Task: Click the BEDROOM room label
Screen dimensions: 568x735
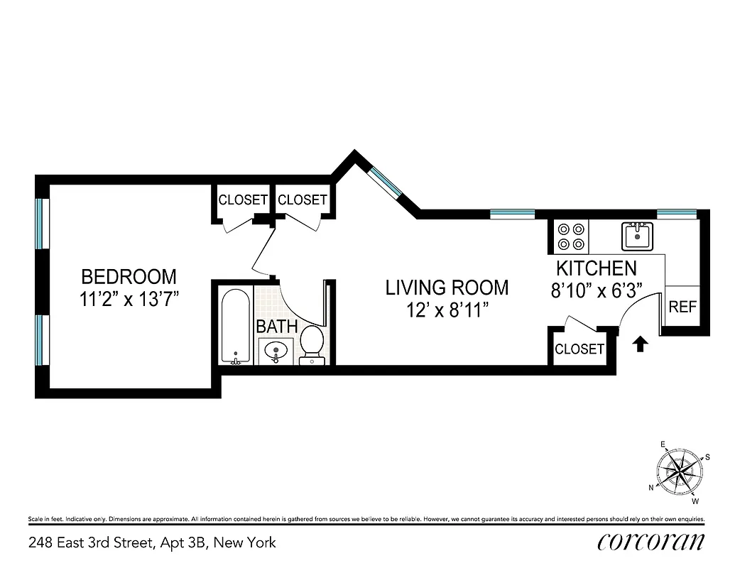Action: [x=129, y=276]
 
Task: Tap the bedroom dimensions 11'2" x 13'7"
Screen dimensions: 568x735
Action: [x=129, y=299]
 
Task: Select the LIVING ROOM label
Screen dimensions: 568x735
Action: [x=447, y=288]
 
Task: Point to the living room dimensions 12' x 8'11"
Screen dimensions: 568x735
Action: [x=447, y=310]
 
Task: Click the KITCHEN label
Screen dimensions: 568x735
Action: [x=596, y=268]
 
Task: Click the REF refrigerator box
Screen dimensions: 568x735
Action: [x=682, y=307]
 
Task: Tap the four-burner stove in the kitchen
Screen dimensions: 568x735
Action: [x=572, y=236]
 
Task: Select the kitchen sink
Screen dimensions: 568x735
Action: [x=637, y=236]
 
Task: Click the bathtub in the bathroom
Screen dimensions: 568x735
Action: [x=234, y=326]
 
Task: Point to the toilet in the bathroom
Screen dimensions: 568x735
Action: [x=312, y=345]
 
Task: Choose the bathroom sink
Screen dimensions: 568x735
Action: [x=275, y=350]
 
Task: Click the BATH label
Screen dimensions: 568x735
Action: [x=276, y=327]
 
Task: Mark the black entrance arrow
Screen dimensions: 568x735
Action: [x=640, y=344]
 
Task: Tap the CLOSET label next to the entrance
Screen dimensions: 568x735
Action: [x=579, y=349]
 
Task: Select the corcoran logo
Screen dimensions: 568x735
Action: [x=651, y=542]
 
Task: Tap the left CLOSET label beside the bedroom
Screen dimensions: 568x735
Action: [x=243, y=200]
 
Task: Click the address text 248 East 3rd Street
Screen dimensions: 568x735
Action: [x=152, y=543]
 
